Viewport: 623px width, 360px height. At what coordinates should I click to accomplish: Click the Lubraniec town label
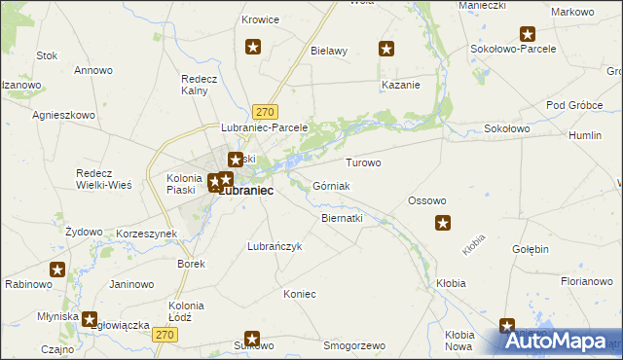coord(244,192)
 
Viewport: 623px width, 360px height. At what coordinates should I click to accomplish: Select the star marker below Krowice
coord(253,46)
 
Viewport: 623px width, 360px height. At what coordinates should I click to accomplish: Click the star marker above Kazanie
coord(386,49)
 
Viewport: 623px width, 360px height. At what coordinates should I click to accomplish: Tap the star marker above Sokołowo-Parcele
coord(528,33)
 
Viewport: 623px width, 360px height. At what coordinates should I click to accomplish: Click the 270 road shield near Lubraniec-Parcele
coord(267,111)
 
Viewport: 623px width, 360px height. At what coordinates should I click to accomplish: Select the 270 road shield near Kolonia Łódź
coord(165,334)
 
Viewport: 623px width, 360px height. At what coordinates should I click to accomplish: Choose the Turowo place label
coord(363,162)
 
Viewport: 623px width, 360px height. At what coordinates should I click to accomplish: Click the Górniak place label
coord(331,185)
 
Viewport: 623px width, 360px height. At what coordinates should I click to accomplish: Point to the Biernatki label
coord(342,218)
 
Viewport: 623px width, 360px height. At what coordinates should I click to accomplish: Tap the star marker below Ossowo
coord(442,224)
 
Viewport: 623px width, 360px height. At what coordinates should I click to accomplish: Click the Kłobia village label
coord(451,283)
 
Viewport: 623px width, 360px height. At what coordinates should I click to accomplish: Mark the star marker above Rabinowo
coord(57,270)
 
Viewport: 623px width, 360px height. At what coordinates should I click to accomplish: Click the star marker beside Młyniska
coord(91,318)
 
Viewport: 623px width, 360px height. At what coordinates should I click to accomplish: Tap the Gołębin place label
coord(531,249)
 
